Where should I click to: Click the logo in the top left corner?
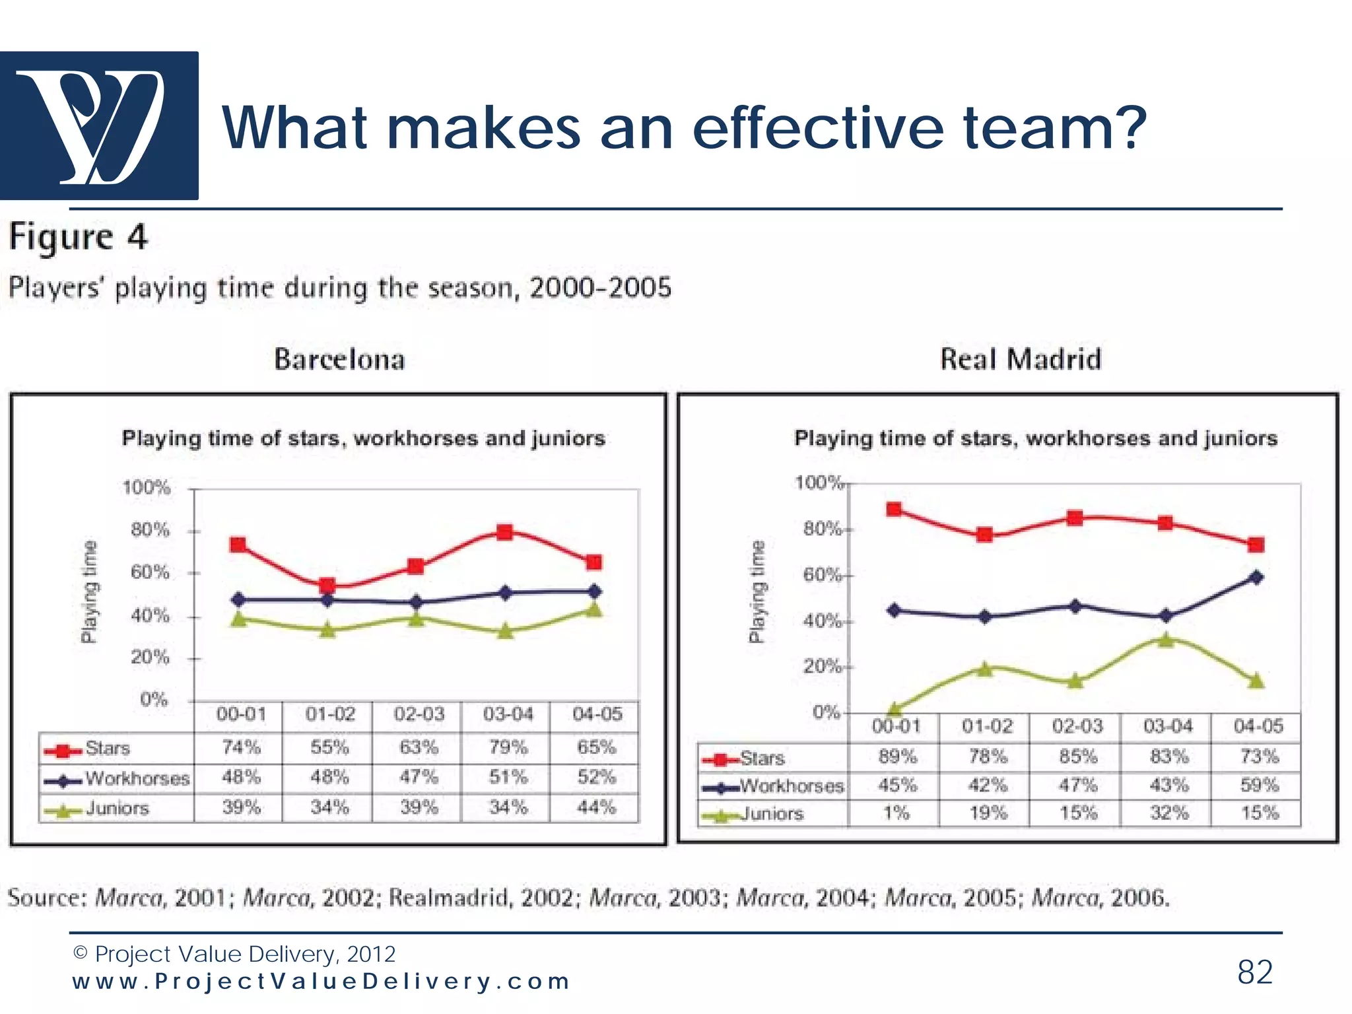(99, 125)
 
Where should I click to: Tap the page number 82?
(1254, 972)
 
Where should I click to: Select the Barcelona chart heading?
(339, 360)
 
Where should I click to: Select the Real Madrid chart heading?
(1021, 360)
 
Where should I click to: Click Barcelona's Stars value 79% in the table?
(508, 748)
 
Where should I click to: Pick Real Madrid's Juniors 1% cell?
(896, 813)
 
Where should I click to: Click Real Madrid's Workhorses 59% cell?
(1259, 786)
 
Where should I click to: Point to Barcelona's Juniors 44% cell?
(596, 807)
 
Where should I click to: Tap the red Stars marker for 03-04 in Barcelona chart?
(505, 532)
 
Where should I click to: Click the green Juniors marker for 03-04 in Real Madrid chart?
(1166, 639)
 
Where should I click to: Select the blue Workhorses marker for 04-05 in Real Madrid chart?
(1256, 578)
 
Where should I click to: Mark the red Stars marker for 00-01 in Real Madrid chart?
(894, 509)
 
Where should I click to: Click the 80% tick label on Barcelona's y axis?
(150, 530)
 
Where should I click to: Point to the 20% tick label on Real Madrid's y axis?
(821, 666)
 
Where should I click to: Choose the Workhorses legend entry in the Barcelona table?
(137, 779)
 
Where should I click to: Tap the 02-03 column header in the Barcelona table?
(419, 714)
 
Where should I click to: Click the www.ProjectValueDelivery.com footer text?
(321, 982)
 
